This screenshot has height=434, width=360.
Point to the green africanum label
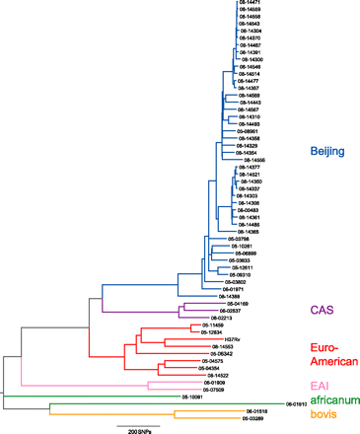pos(333,399)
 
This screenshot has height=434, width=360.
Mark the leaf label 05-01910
pos(297,404)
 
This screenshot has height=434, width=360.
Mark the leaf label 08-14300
pos(251,60)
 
